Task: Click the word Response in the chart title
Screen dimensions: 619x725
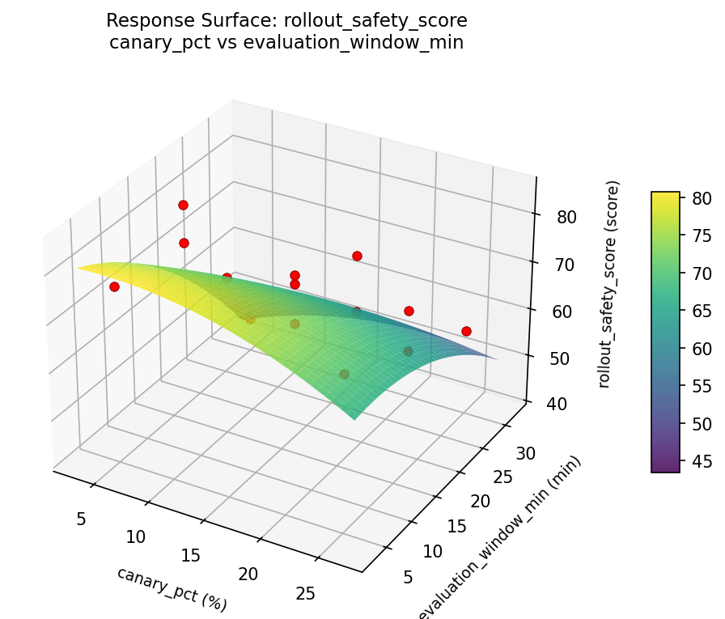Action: pyautogui.click(x=141, y=20)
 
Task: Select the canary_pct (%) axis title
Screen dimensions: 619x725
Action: pyautogui.click(x=172, y=588)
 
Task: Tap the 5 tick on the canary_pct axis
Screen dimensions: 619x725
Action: pyautogui.click(x=80, y=518)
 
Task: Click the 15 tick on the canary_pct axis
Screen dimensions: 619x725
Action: pyautogui.click(x=192, y=555)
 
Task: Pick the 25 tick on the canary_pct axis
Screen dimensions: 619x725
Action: pyautogui.click(x=305, y=594)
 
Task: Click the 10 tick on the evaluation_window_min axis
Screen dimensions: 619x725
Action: pyautogui.click(x=433, y=550)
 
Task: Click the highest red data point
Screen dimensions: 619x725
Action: pyautogui.click(x=183, y=205)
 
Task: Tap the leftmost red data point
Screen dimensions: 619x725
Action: pyautogui.click(x=114, y=286)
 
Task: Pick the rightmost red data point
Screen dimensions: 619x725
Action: pyautogui.click(x=466, y=331)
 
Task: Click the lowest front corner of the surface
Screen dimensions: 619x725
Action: pyautogui.click(x=354, y=419)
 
